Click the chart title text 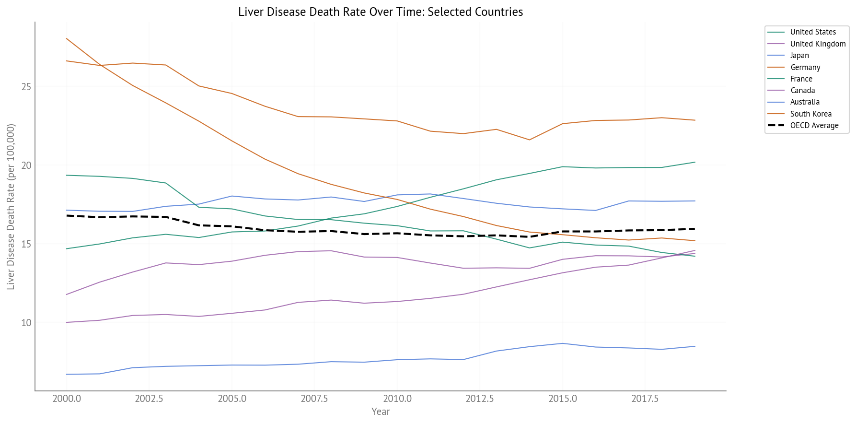[x=380, y=12]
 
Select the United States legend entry [x=812, y=32]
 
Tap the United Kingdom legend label [x=818, y=44]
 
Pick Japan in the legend [x=799, y=56]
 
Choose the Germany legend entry [x=805, y=67]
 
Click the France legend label [x=801, y=79]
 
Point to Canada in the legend [x=802, y=90]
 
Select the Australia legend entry [x=805, y=102]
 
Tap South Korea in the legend [x=810, y=114]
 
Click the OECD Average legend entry [x=814, y=126]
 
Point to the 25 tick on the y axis [x=26, y=87]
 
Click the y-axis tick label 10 [x=26, y=323]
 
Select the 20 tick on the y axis [x=26, y=165]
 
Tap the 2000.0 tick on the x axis [x=67, y=399]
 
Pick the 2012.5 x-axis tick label [x=480, y=399]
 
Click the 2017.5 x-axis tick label [x=645, y=399]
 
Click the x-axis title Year [x=381, y=412]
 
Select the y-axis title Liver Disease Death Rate [x=11, y=207]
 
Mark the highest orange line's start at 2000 [x=67, y=38]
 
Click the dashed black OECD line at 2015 [x=562, y=231]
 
